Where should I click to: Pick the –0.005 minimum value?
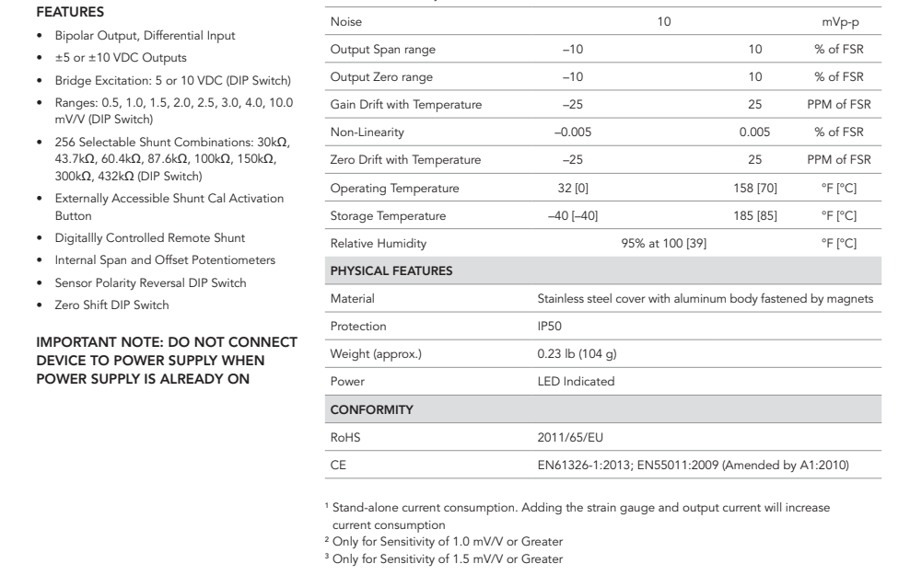pos(572,132)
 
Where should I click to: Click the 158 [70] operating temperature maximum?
pos(755,189)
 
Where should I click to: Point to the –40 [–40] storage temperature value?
pos(572,216)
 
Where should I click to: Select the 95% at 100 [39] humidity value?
pos(663,244)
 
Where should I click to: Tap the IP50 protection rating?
pos(551,327)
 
